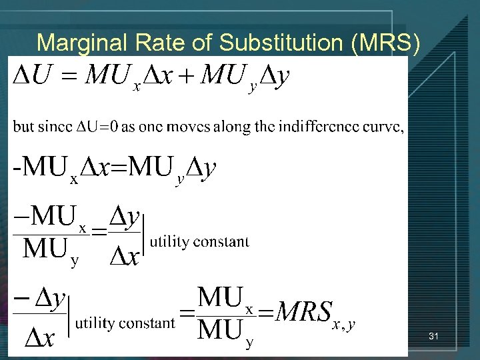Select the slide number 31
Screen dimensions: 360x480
point(433,337)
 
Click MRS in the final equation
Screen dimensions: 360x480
point(304,310)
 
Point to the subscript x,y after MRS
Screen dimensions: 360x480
point(343,324)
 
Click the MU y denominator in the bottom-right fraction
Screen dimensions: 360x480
point(224,329)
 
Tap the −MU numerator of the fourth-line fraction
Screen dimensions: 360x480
point(46,216)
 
